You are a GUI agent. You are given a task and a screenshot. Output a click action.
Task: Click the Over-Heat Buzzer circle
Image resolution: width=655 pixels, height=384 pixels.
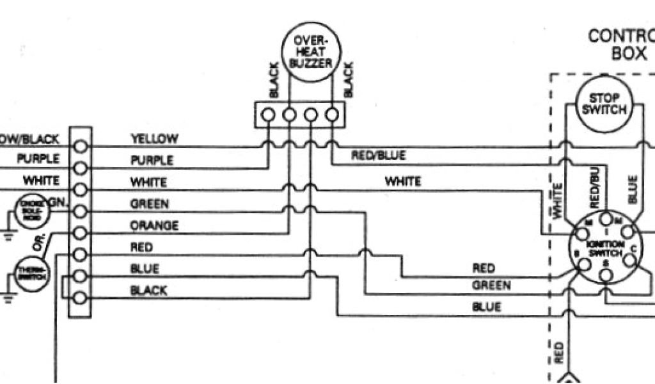[x=310, y=49]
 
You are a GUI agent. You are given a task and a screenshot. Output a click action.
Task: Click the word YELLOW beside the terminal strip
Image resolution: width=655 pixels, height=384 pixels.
[x=154, y=138]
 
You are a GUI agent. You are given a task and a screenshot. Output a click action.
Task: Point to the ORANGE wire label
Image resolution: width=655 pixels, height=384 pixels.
[x=154, y=226]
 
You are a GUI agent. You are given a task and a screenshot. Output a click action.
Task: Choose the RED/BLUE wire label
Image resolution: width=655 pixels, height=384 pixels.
[x=378, y=156]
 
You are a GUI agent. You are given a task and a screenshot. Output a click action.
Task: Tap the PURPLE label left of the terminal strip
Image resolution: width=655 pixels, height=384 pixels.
[x=38, y=159]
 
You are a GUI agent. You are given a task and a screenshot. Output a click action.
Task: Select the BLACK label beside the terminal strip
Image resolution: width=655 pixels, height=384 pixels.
[x=148, y=291]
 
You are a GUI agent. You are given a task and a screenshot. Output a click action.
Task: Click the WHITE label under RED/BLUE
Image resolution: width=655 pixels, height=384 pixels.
[x=402, y=182]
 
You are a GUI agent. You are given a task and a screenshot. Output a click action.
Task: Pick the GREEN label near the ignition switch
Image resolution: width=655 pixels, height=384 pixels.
[x=491, y=285]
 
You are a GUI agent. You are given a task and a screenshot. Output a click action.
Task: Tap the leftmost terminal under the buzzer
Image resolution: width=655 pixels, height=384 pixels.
[x=268, y=115]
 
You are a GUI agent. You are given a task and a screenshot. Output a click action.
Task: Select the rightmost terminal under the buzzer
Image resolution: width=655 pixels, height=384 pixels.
[x=331, y=115]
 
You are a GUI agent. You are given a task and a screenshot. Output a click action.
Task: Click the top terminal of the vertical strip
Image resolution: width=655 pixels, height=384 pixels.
[x=81, y=146]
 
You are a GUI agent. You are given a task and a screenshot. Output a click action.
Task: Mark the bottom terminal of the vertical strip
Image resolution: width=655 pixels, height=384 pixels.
[x=81, y=298]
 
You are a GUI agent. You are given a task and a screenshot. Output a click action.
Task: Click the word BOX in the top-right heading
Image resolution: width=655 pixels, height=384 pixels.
[x=629, y=53]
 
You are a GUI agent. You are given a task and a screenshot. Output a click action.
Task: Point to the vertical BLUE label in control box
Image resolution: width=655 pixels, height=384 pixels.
[x=633, y=190]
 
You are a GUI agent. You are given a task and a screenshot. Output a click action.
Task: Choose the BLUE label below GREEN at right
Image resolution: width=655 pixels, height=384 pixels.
[x=487, y=307]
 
